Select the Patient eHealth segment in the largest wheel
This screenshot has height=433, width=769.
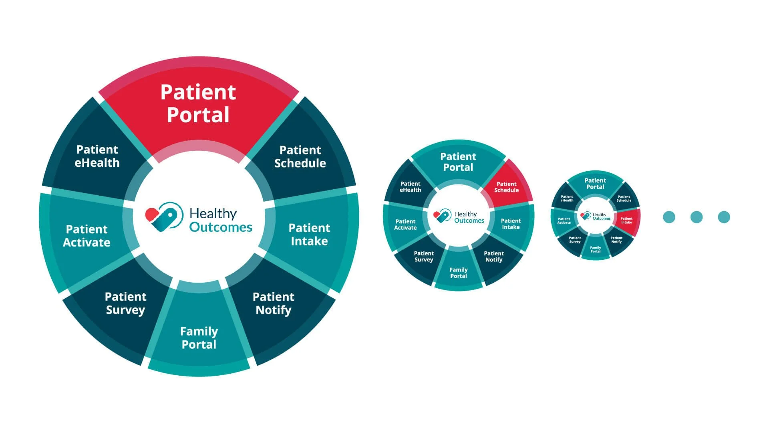click(x=97, y=156)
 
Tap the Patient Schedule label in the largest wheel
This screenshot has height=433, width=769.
click(x=300, y=156)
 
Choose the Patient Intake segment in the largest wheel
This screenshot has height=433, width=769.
click(x=309, y=234)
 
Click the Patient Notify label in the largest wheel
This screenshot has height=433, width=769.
click(x=274, y=304)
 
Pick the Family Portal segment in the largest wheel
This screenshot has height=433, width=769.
click(x=199, y=338)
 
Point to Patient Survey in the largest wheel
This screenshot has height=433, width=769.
click(x=125, y=303)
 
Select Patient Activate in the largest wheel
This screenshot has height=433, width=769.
click(x=87, y=236)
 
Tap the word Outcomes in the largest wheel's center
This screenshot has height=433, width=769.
click(x=221, y=227)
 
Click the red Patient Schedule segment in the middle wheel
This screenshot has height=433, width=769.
click(x=507, y=187)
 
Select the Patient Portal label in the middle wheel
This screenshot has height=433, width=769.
click(x=458, y=162)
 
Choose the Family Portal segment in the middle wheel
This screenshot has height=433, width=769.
click(x=459, y=273)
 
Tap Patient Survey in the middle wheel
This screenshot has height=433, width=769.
click(x=424, y=256)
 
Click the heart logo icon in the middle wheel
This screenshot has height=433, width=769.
click(x=443, y=216)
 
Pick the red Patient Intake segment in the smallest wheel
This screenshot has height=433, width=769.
click(x=627, y=221)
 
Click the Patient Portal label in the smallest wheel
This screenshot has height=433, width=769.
click(x=595, y=184)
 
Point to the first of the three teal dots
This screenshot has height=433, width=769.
click(x=669, y=217)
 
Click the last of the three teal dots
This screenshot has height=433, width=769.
click(x=724, y=217)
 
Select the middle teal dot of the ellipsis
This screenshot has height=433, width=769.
click(x=697, y=217)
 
